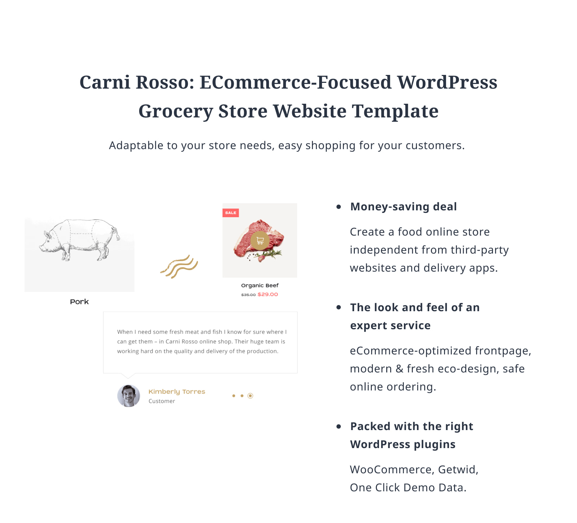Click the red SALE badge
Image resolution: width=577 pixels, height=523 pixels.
coord(231,213)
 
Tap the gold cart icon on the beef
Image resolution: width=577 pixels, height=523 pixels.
coord(260,241)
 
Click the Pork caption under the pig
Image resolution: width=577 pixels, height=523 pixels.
coord(79,302)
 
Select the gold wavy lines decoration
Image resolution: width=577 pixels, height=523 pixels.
coord(179,267)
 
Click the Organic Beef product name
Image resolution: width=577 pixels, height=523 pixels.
coord(260,286)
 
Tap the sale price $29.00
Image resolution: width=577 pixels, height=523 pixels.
coord(268,294)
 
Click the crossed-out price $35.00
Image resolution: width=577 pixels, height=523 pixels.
coord(248,295)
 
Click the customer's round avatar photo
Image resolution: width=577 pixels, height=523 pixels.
coord(129,396)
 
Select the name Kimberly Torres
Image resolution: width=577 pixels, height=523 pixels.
coord(177,392)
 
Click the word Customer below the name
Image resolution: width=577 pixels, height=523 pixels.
coord(162,401)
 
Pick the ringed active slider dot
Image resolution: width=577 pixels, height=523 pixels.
coord(250,396)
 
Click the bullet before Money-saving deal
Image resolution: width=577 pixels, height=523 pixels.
coord(339,207)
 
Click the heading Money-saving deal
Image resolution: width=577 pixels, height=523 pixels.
coord(404,207)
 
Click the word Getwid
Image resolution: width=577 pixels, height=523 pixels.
coord(458,470)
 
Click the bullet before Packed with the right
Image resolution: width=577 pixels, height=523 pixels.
coord(339,426)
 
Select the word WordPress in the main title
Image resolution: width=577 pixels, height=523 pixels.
coord(447,82)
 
